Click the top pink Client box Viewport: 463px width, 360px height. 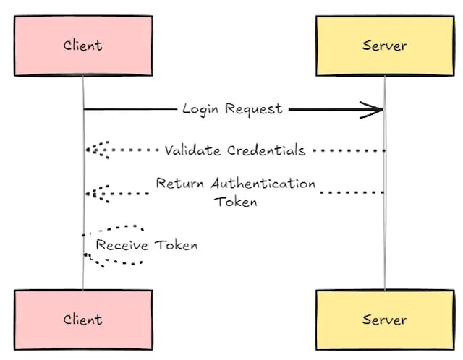coord(82,46)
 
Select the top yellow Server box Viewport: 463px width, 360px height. coord(384,46)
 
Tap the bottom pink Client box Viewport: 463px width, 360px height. coord(82,320)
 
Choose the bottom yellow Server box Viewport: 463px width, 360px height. coord(384,320)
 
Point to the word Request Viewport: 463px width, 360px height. coord(253,109)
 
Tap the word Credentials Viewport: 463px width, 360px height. coord(266,151)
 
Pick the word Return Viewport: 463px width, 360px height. coord(181,184)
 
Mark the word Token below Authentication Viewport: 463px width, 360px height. coord(236,202)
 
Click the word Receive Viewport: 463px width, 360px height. coord(122,245)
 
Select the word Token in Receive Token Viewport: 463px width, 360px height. coord(174,245)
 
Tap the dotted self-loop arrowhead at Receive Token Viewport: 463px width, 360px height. coord(88,257)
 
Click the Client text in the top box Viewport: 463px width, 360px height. coord(82,46)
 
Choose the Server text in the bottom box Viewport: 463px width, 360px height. coord(384,320)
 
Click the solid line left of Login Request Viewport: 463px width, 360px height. coord(130,109)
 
